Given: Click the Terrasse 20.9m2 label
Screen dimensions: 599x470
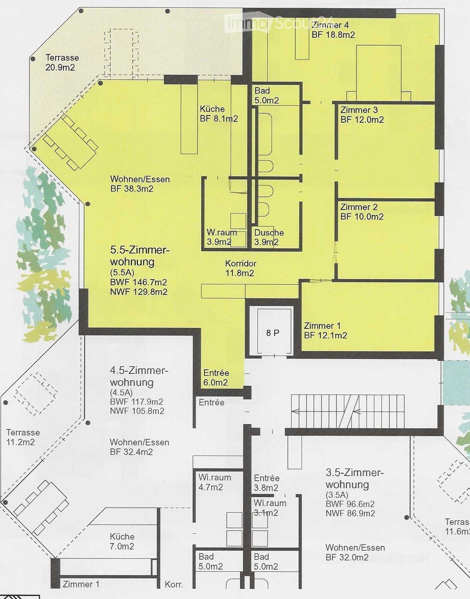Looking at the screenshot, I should tap(62, 63).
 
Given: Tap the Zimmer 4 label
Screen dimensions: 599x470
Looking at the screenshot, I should tap(330, 25).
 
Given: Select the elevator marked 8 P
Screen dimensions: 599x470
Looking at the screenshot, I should tap(272, 332).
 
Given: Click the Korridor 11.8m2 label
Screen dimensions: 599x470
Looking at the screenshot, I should tap(240, 268).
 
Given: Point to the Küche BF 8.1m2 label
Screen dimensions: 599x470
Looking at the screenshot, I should tap(218, 114).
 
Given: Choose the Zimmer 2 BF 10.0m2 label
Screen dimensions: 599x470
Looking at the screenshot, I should tap(362, 212).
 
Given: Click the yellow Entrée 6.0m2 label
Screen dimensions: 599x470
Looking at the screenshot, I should tap(216, 377).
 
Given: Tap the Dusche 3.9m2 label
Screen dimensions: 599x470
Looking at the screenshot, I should tap(269, 237).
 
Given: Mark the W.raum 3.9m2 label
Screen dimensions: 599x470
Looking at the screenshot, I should tap(222, 237).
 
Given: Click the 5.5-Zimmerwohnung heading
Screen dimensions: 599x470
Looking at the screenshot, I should tap(140, 256).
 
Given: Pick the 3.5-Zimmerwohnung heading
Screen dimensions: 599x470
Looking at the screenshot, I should tap(354, 479).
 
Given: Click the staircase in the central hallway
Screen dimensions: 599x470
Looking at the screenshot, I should tap(347, 412).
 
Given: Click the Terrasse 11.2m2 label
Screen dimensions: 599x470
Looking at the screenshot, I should tap(23, 437).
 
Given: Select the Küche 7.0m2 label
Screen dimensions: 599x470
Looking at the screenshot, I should tap(122, 541).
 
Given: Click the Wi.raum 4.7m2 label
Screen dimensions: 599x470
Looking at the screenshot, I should tap(214, 482).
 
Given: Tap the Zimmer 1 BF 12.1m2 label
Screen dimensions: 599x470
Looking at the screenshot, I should tap(325, 330).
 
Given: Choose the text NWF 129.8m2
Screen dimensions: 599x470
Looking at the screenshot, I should tap(139, 292).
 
